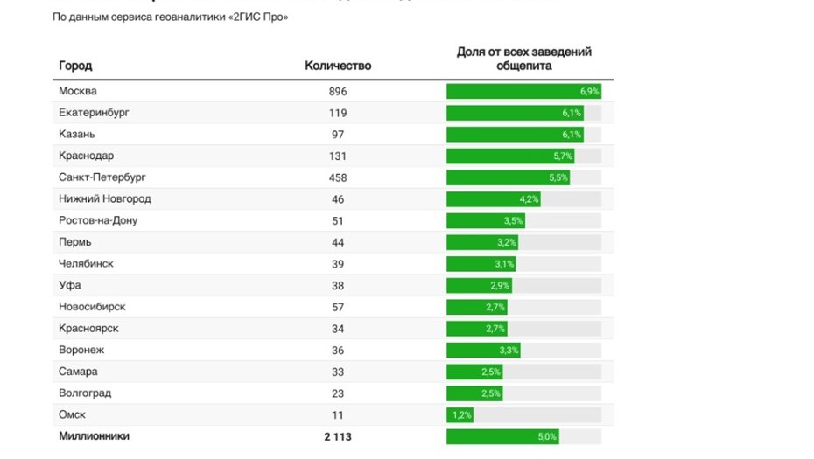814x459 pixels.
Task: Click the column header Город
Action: tap(75, 66)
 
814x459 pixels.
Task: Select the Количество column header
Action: tap(338, 66)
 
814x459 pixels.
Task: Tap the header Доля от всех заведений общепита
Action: tap(523, 59)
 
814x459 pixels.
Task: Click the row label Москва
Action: tap(78, 91)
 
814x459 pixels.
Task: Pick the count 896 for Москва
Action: tap(338, 91)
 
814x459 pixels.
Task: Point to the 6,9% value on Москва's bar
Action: tap(589, 91)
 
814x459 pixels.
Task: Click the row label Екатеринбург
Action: tap(94, 113)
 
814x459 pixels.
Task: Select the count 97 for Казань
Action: tap(338, 135)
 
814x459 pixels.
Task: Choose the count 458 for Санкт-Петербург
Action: tap(338, 177)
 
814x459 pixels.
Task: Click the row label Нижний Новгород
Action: tap(104, 199)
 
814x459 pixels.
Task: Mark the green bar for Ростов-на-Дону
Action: tap(485, 220)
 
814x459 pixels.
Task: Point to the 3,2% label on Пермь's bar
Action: tap(507, 242)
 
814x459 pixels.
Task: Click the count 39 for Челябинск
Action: tap(338, 264)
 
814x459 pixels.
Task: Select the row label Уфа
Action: tap(69, 285)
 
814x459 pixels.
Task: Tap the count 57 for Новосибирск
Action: tap(338, 307)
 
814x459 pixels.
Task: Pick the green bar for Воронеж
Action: tap(483, 350)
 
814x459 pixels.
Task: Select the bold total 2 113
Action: tap(338, 436)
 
